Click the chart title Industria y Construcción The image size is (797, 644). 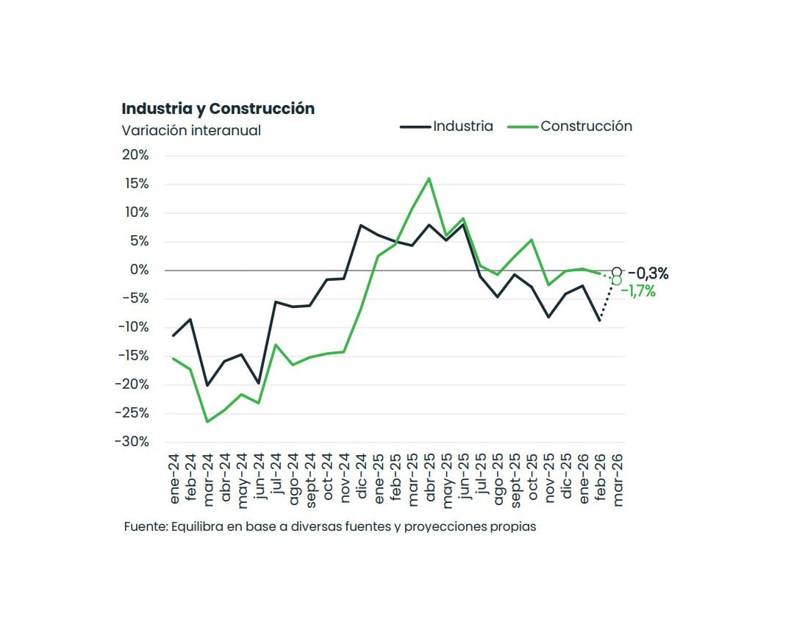(218, 109)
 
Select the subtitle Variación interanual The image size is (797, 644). (191, 130)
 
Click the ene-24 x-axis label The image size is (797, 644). (174, 479)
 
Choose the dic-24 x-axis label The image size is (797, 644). (361, 479)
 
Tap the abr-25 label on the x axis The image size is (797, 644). (429, 479)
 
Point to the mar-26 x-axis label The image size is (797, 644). (617, 479)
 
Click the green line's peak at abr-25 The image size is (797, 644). (429, 178)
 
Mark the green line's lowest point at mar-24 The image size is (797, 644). (207, 422)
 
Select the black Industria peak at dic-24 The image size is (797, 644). (361, 225)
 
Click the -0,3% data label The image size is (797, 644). (648, 273)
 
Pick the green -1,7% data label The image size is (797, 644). (637, 291)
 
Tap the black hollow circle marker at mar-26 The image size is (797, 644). (617, 271)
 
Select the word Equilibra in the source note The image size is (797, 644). (195, 527)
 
